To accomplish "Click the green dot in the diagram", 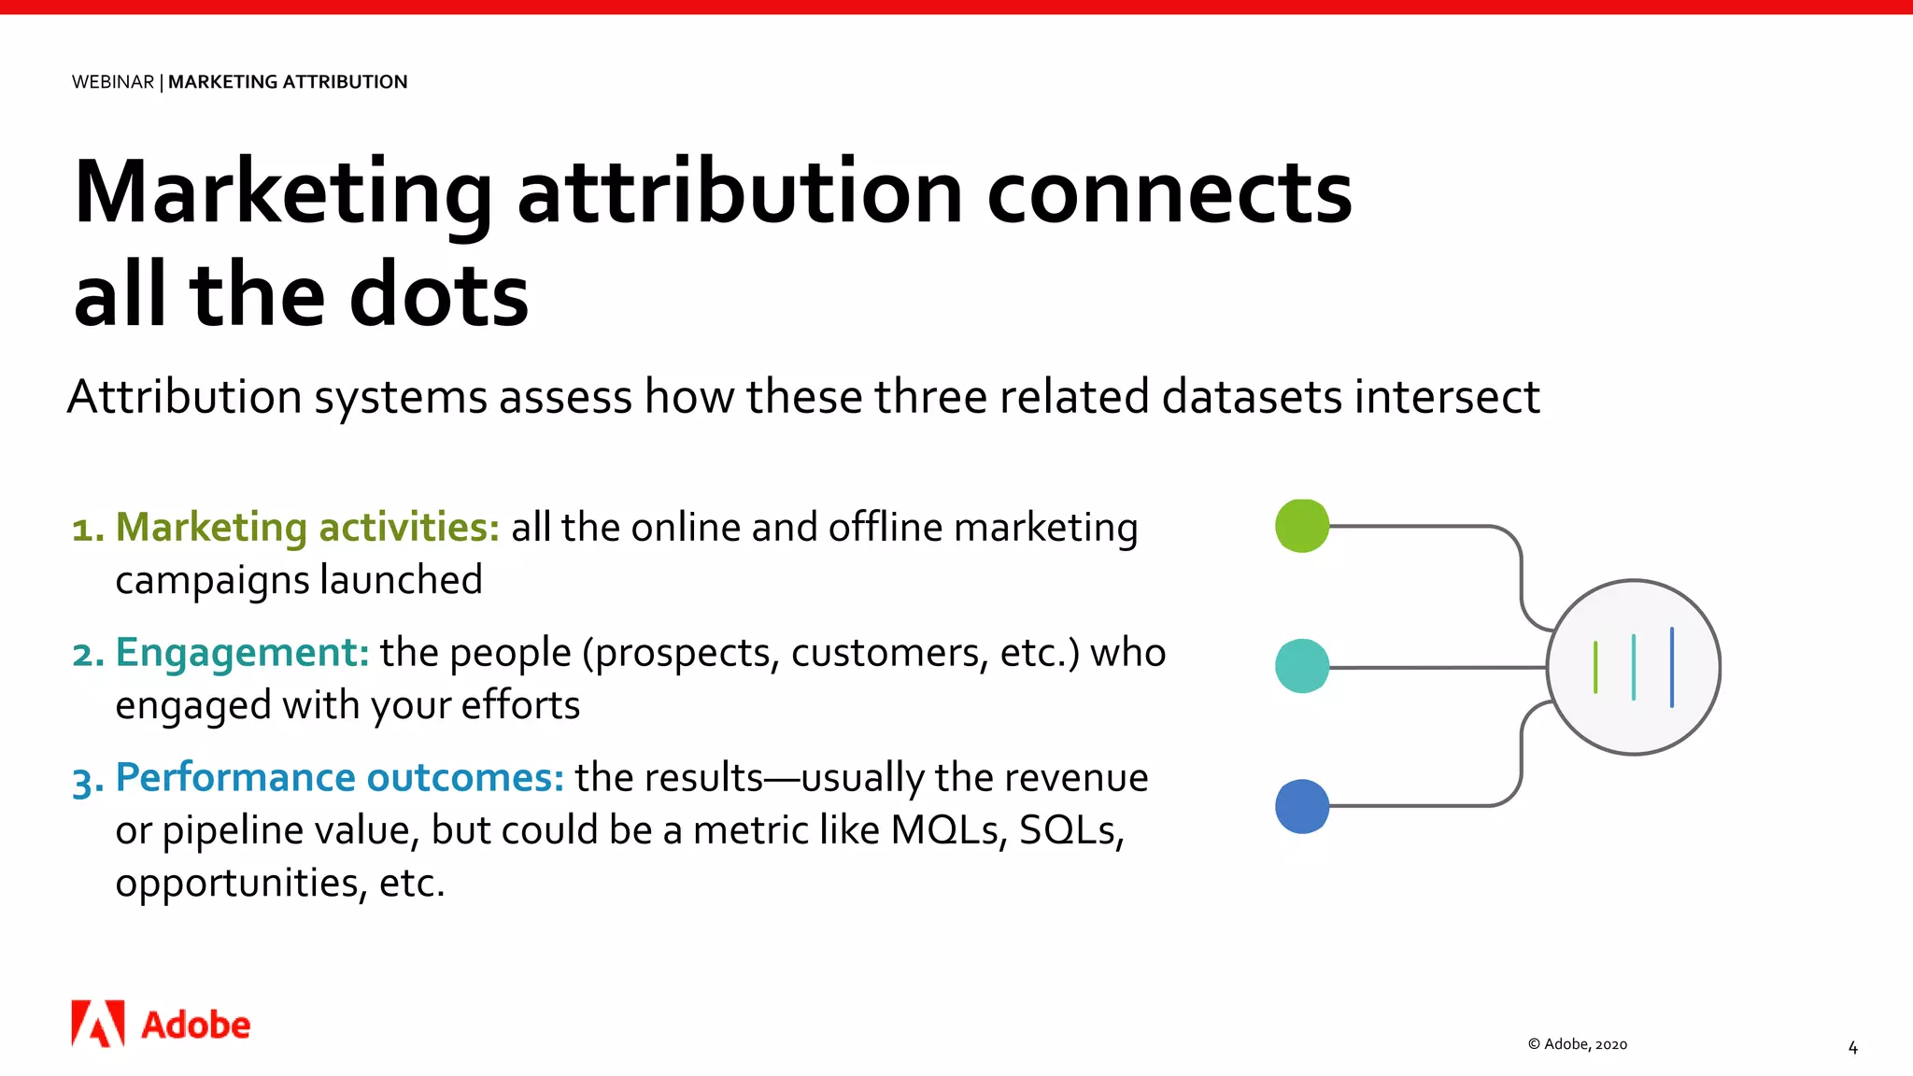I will point(1301,526).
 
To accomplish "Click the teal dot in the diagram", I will point(1301,666).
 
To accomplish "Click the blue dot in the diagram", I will point(1301,806).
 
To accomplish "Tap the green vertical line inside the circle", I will point(1595,667).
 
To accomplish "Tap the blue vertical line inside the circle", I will point(1671,667).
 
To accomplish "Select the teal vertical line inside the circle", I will point(1634,667).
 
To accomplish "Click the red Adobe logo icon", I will point(98,1024).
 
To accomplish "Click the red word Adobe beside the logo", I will point(196,1026).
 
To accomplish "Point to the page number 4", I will point(1852,1048).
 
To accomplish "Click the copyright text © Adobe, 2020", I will point(1578,1044).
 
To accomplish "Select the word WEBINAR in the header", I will point(113,82).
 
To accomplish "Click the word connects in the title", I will point(1169,192).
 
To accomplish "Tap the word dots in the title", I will point(439,295).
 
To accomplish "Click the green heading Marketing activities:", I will point(307,528).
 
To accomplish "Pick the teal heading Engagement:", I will point(243,653).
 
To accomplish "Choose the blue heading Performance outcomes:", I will point(339,778).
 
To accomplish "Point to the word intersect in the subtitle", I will point(1447,397).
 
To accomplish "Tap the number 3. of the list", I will point(88,780).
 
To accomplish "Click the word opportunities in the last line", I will point(239,884).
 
